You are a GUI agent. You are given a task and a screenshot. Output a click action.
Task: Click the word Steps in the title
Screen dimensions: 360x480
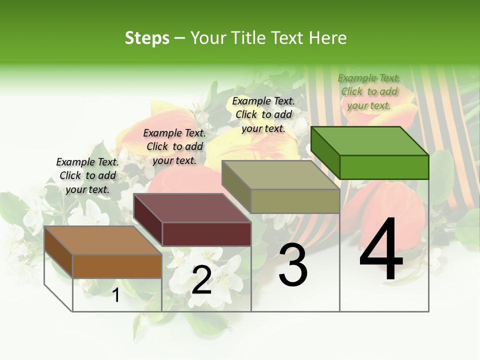147,38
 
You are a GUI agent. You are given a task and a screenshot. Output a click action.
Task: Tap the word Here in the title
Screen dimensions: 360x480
327,38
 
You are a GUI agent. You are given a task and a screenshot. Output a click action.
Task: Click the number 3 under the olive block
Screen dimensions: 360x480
292,265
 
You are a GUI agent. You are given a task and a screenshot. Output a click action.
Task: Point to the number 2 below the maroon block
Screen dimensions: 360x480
201,280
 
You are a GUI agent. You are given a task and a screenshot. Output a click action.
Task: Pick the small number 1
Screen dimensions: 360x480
116,295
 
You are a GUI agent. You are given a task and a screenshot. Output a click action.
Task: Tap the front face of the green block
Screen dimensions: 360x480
384,167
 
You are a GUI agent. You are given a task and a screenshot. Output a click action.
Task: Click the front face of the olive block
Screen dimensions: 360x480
295,201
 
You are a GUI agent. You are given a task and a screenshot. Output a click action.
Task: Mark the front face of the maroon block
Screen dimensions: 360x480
206,233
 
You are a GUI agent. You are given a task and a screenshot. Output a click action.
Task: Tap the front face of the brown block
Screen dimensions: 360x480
117,266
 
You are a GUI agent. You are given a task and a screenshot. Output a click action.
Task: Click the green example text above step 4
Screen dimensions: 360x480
368,91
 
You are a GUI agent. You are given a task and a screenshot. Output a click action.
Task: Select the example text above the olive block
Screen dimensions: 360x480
263,114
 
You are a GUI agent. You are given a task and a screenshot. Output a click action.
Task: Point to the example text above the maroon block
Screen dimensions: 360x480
174,146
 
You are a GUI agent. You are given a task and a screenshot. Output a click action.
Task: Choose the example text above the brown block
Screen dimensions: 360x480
87,175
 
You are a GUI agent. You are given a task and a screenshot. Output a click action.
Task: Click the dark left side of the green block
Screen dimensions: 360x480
325,152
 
